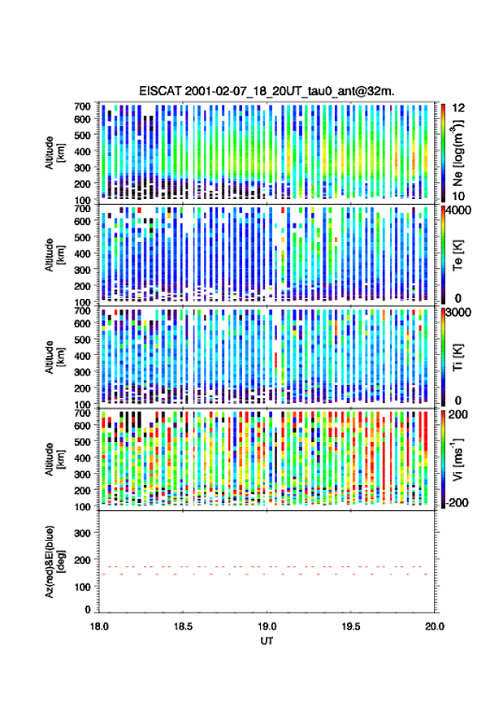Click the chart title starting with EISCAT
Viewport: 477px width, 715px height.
tap(267, 91)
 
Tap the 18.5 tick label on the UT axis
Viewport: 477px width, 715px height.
tap(183, 626)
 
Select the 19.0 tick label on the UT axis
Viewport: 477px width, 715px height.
tap(267, 626)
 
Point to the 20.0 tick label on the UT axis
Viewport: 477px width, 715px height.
tap(435, 626)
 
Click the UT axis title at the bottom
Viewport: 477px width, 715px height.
tap(267, 641)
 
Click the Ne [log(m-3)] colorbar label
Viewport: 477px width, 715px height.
tap(457, 153)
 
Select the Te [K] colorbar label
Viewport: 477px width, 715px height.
tap(457, 255)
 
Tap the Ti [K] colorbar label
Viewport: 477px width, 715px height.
tap(457, 357)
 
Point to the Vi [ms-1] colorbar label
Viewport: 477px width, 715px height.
tap(457, 459)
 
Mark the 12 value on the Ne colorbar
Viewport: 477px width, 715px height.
tap(458, 108)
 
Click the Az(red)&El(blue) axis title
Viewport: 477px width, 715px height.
tap(54, 561)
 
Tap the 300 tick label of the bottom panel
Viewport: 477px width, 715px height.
tap(82, 533)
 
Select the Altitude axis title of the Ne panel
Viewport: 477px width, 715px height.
tap(54, 153)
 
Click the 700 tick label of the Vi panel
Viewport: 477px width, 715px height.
tap(82, 413)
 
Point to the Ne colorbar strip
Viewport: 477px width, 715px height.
tap(443, 153)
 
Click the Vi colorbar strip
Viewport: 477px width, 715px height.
tap(443, 459)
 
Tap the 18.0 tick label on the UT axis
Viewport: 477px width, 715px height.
tap(99, 626)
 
